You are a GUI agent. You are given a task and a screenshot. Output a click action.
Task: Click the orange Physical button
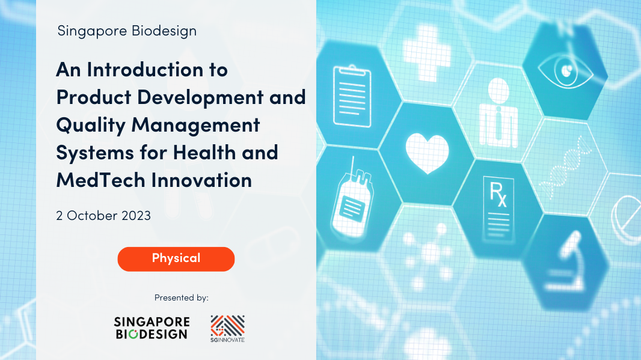click(176, 258)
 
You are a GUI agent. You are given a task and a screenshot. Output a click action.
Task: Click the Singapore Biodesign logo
click(152, 328)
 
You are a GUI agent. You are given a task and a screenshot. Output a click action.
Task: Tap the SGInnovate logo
click(227, 328)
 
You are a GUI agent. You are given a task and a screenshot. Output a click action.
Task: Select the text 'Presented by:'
click(181, 297)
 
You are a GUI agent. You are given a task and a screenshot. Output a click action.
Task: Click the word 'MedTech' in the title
click(96, 180)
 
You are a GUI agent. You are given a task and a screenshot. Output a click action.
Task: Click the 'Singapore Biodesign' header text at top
click(127, 31)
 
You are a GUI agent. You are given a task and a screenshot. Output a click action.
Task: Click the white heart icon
click(427, 151)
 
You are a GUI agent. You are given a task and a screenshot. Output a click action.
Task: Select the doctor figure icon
click(498, 114)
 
